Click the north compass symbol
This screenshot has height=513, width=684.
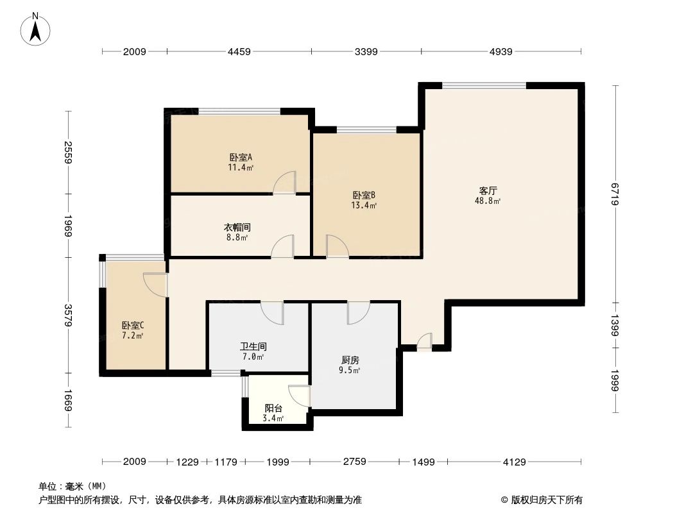click(x=36, y=29)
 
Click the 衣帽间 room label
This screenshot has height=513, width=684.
click(x=237, y=227)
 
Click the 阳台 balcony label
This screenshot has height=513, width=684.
click(x=274, y=408)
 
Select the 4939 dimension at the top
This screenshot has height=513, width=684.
click(x=500, y=52)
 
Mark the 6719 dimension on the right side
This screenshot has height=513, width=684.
click(x=615, y=194)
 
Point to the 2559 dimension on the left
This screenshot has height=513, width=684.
click(x=68, y=152)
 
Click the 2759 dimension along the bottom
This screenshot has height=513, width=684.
click(x=354, y=461)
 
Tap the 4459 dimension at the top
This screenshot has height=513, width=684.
click(x=239, y=52)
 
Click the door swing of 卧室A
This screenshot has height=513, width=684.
click(x=285, y=183)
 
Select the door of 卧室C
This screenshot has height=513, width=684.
click(x=155, y=284)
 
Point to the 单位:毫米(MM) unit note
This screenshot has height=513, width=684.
click(x=73, y=486)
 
